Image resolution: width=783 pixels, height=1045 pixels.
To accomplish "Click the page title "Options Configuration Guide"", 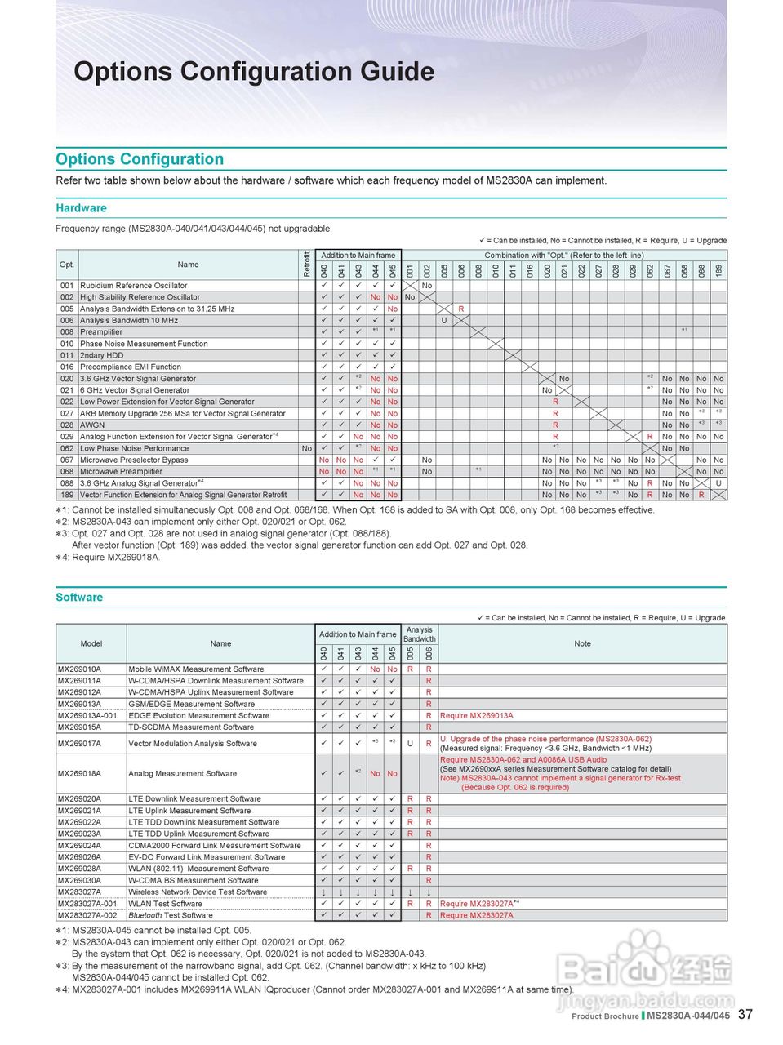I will point(254,72).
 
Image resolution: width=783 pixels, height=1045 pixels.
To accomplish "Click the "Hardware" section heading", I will point(81,208).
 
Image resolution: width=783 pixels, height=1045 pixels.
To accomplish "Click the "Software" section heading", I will point(79,598).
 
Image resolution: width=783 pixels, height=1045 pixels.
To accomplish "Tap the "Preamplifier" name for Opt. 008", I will point(101,332).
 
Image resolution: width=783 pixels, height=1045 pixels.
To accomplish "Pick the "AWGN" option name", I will point(92,425).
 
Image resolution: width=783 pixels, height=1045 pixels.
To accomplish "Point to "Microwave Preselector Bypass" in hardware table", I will point(134,460).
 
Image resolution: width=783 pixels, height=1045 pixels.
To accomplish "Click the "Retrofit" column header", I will point(307,265).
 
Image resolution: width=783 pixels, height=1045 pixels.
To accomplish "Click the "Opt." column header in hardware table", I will point(67,265).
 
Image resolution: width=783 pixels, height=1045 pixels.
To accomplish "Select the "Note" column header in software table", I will point(582,643).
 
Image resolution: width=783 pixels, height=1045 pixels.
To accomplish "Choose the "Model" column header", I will point(91,643).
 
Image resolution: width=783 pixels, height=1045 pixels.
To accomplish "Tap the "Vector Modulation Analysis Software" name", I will point(193,744).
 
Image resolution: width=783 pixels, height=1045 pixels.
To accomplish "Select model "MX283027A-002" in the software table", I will point(87,915).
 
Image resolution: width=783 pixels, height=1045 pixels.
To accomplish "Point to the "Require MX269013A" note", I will point(477,716).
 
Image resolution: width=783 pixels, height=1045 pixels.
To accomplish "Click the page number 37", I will point(745,1015).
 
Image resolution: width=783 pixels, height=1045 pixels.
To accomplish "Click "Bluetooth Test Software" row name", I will point(171,915).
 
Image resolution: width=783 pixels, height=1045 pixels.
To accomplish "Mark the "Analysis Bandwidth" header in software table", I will point(420,634).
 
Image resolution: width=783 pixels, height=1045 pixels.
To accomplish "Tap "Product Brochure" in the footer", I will point(605,1016).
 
